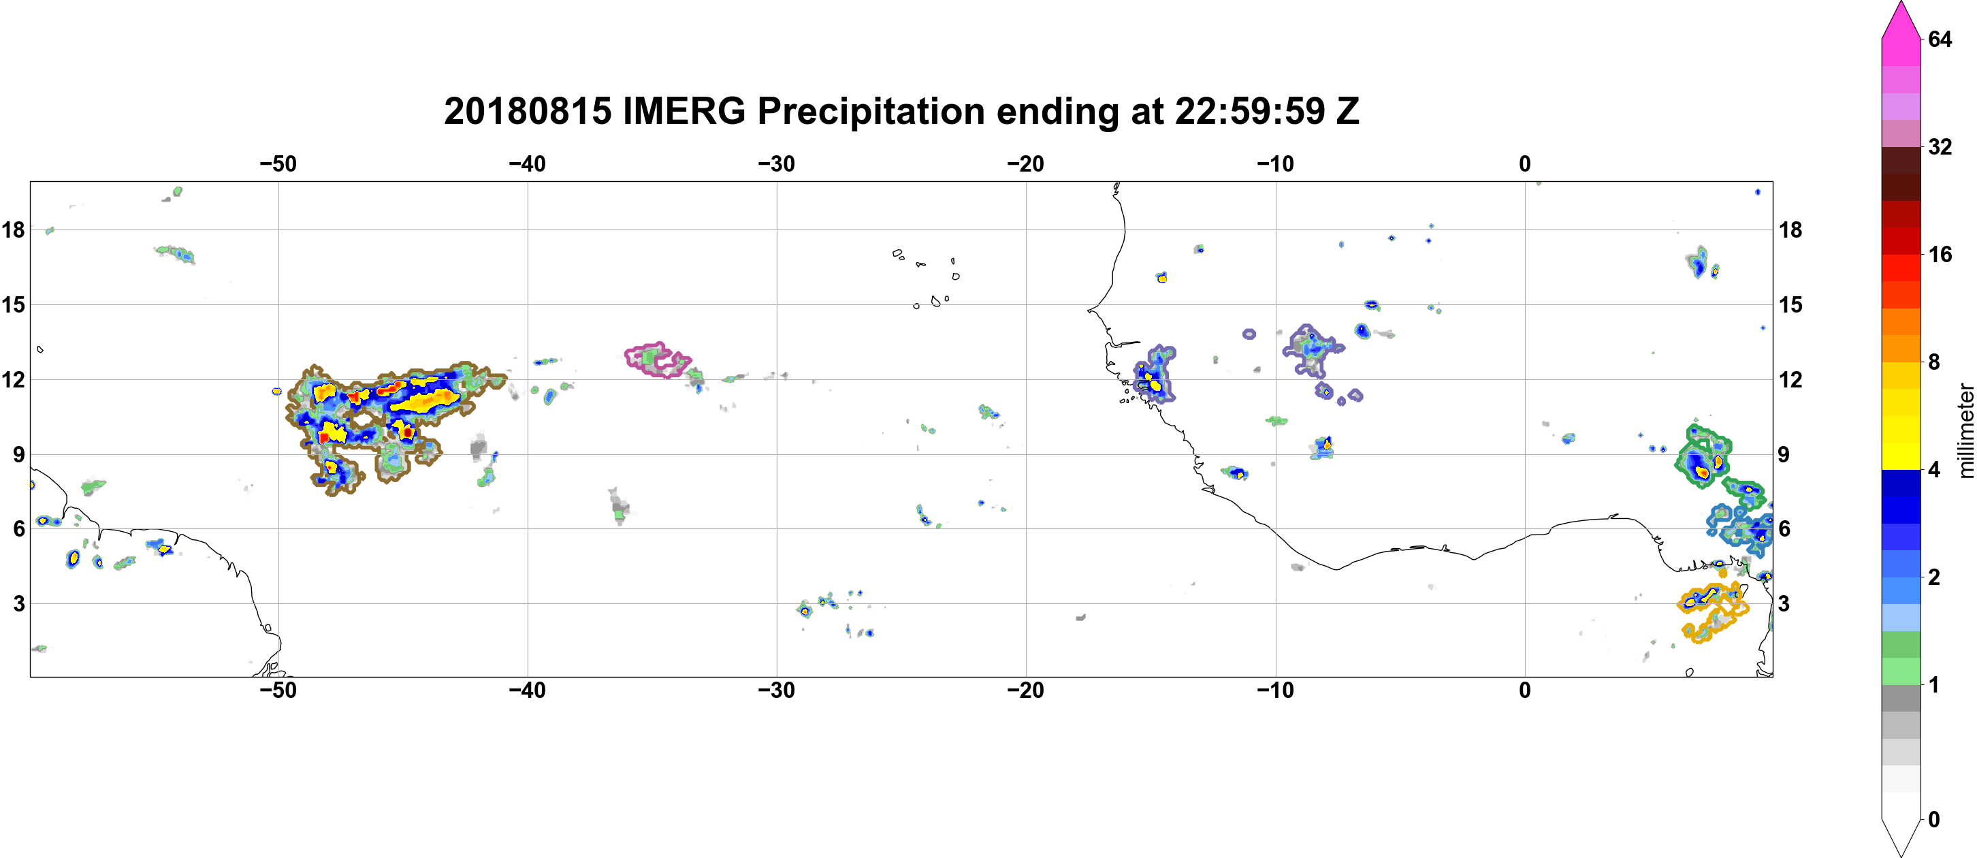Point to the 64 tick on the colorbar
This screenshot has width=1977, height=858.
tap(1940, 39)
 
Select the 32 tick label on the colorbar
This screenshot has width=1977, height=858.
tap(1940, 146)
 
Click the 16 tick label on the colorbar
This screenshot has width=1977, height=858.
tap(1940, 254)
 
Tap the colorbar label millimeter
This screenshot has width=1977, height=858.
tap(1965, 430)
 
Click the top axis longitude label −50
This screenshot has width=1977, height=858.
tap(278, 163)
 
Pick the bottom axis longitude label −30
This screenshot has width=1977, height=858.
tap(777, 690)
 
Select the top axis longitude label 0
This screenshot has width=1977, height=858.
tap(1525, 163)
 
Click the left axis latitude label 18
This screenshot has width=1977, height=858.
tap(13, 229)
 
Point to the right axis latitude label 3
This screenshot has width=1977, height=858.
tap(1784, 603)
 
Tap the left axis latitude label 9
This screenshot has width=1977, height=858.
tap(18, 454)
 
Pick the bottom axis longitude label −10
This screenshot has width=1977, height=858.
tap(1276, 690)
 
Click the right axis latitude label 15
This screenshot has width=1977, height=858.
tap(1790, 304)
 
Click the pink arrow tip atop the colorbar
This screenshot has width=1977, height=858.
tap(1901, 3)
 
